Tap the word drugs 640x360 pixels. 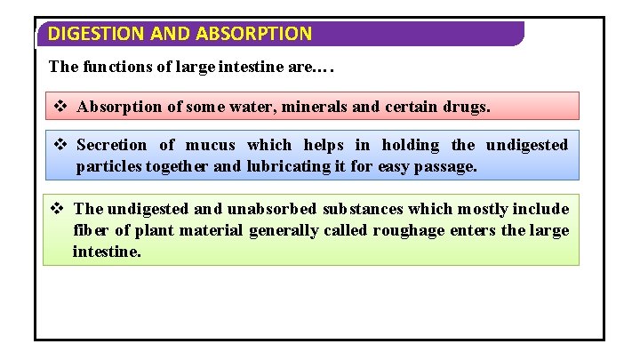point(466,107)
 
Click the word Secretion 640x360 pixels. point(112,145)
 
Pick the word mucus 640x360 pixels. point(211,145)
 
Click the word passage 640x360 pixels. point(449,166)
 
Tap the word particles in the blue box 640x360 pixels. point(108,166)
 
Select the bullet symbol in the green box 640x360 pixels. point(57,209)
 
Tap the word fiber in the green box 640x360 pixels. point(89,230)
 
